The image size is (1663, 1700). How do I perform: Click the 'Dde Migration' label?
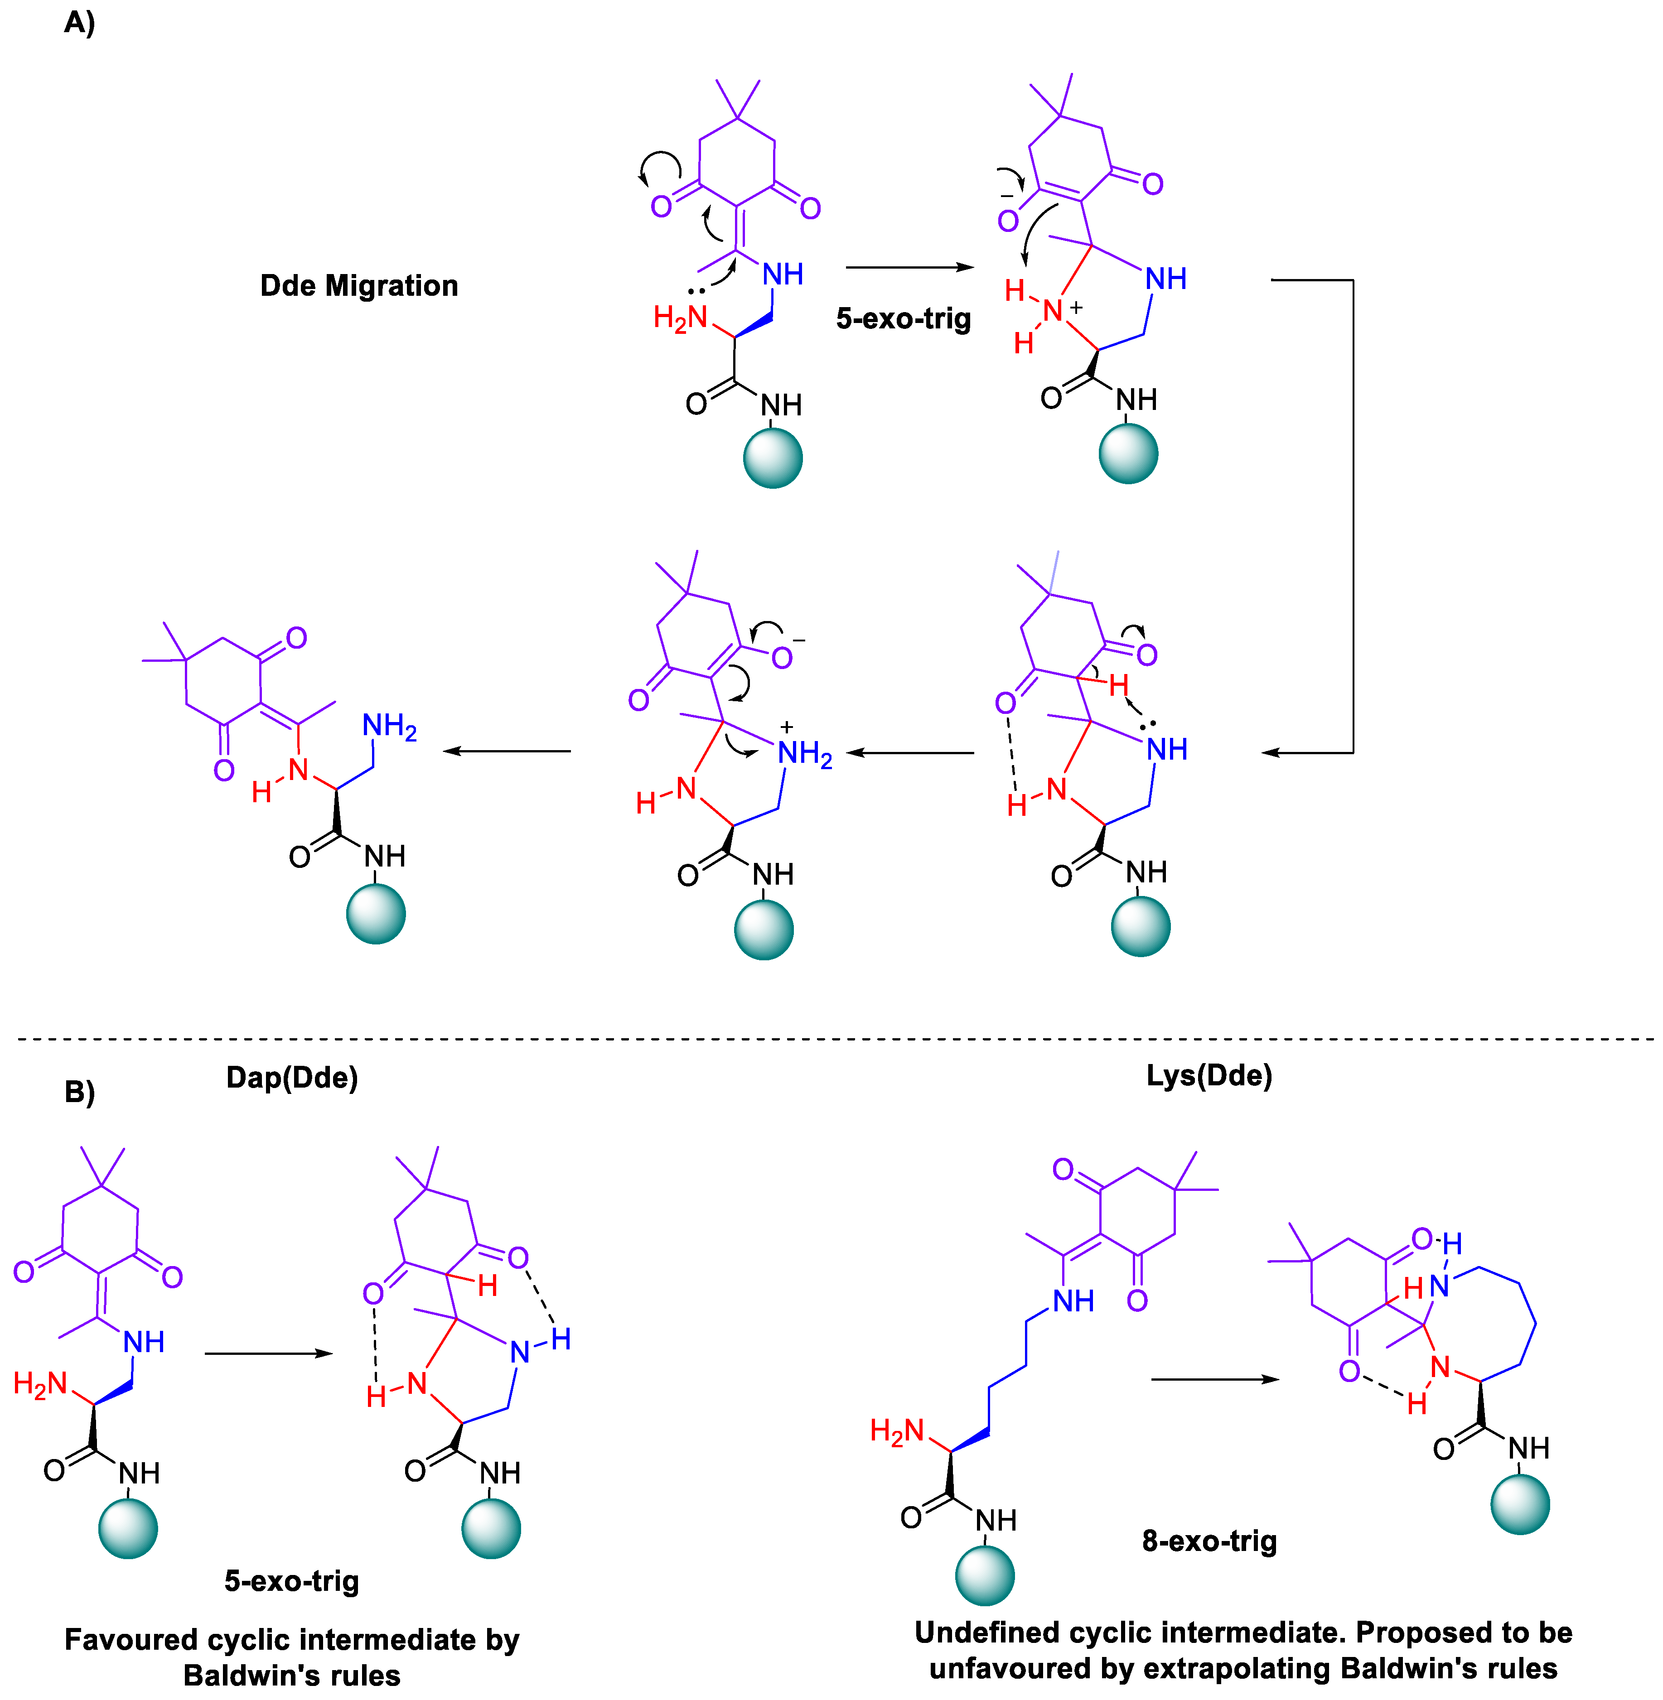tap(359, 285)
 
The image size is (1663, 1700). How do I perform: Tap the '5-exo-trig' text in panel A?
tap(903, 319)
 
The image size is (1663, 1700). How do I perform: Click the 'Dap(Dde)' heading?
tap(292, 1078)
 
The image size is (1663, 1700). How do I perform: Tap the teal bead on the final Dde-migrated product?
tap(376, 914)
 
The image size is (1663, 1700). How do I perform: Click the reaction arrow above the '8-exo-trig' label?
tap(1214, 1380)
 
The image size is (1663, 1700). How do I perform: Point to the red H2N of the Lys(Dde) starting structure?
tap(896, 1431)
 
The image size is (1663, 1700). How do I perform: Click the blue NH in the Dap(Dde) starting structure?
tap(143, 1341)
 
